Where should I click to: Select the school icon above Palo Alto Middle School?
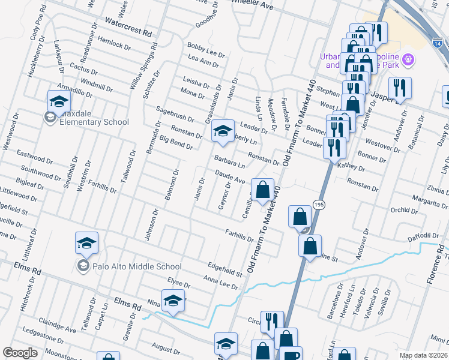(86, 244)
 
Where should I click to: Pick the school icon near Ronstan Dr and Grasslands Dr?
(222, 131)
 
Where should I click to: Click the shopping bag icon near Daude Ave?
(262, 190)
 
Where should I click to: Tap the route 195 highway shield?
(319, 205)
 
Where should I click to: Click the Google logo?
(20, 353)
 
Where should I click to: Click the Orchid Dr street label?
(403, 211)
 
